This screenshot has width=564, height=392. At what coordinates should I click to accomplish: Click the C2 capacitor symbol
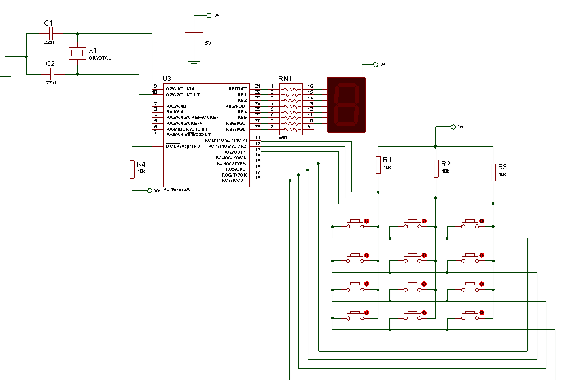(x=52, y=74)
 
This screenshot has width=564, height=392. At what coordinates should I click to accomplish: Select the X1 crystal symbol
(x=78, y=52)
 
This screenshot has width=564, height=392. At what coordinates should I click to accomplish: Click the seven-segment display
(x=346, y=105)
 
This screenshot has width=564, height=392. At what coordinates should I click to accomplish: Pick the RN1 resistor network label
(x=285, y=79)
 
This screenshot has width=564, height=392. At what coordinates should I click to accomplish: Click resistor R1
(x=378, y=165)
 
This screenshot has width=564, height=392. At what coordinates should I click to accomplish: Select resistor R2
(x=436, y=168)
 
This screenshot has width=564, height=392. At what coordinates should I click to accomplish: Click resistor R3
(x=493, y=171)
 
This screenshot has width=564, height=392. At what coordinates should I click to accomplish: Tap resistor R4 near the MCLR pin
(x=132, y=169)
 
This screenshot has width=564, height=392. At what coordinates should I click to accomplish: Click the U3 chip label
(x=157, y=79)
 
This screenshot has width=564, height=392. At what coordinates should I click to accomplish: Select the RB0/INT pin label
(x=238, y=88)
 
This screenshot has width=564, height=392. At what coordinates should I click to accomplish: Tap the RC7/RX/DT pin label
(x=234, y=180)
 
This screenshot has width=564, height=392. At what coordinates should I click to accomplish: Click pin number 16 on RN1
(x=310, y=86)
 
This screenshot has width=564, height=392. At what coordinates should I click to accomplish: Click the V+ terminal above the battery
(x=209, y=15)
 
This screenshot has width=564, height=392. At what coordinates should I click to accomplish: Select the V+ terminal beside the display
(x=375, y=64)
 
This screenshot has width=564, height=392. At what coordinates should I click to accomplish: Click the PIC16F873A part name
(x=177, y=189)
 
